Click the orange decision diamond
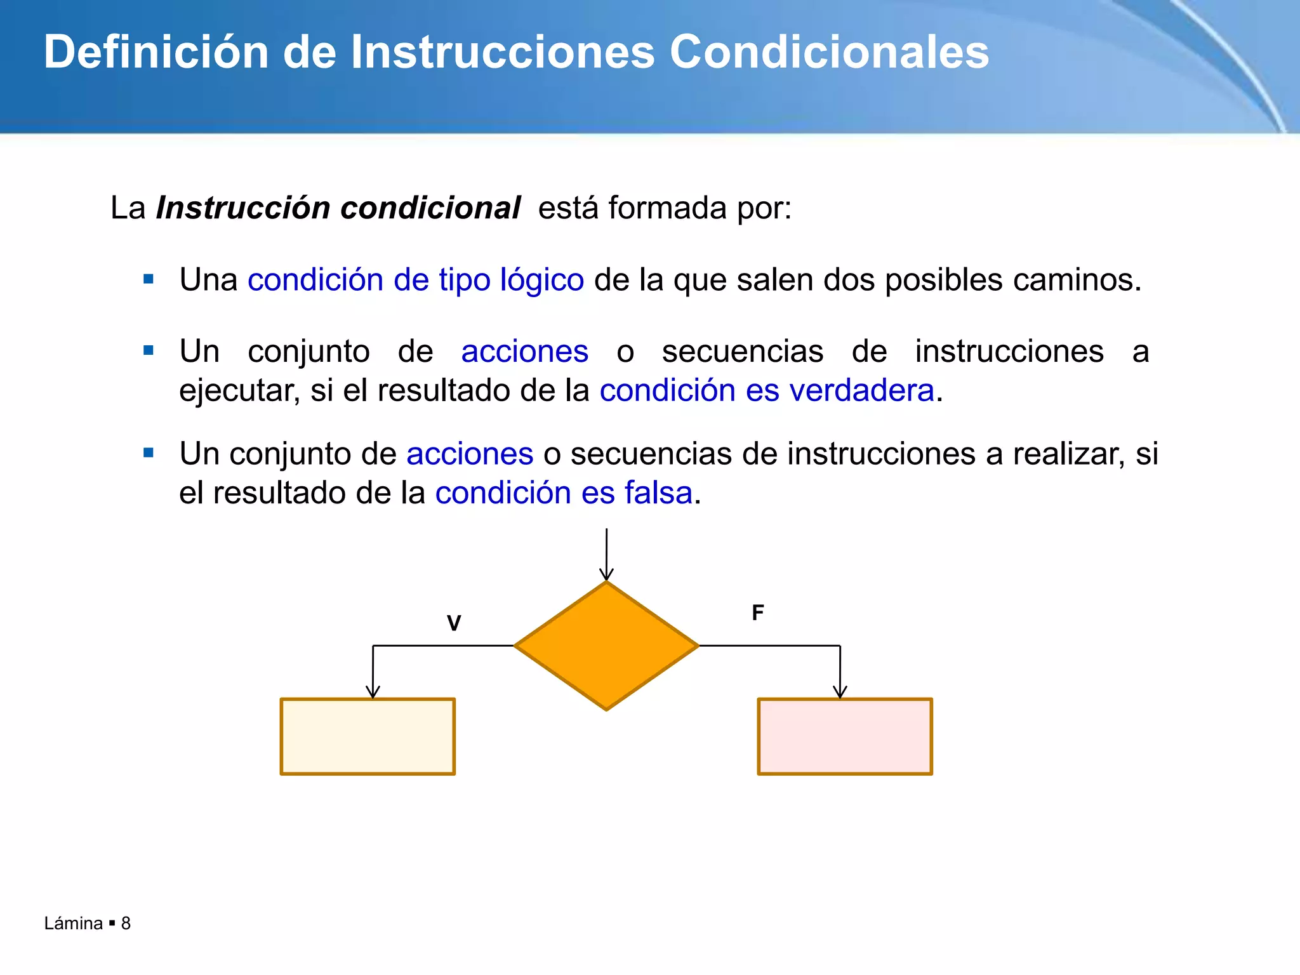606,646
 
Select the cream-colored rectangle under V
368,736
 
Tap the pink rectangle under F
845,736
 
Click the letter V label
454,623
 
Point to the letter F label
757,613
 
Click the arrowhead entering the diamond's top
606,574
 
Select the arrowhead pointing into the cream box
373,692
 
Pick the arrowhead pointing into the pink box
840,692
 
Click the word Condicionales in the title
829,52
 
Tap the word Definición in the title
156,52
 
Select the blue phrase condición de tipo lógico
416,280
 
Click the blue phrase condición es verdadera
767,390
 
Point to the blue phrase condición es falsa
564,493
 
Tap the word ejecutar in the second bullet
239,391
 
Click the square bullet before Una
149,279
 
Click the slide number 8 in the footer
126,923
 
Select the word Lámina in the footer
74,923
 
